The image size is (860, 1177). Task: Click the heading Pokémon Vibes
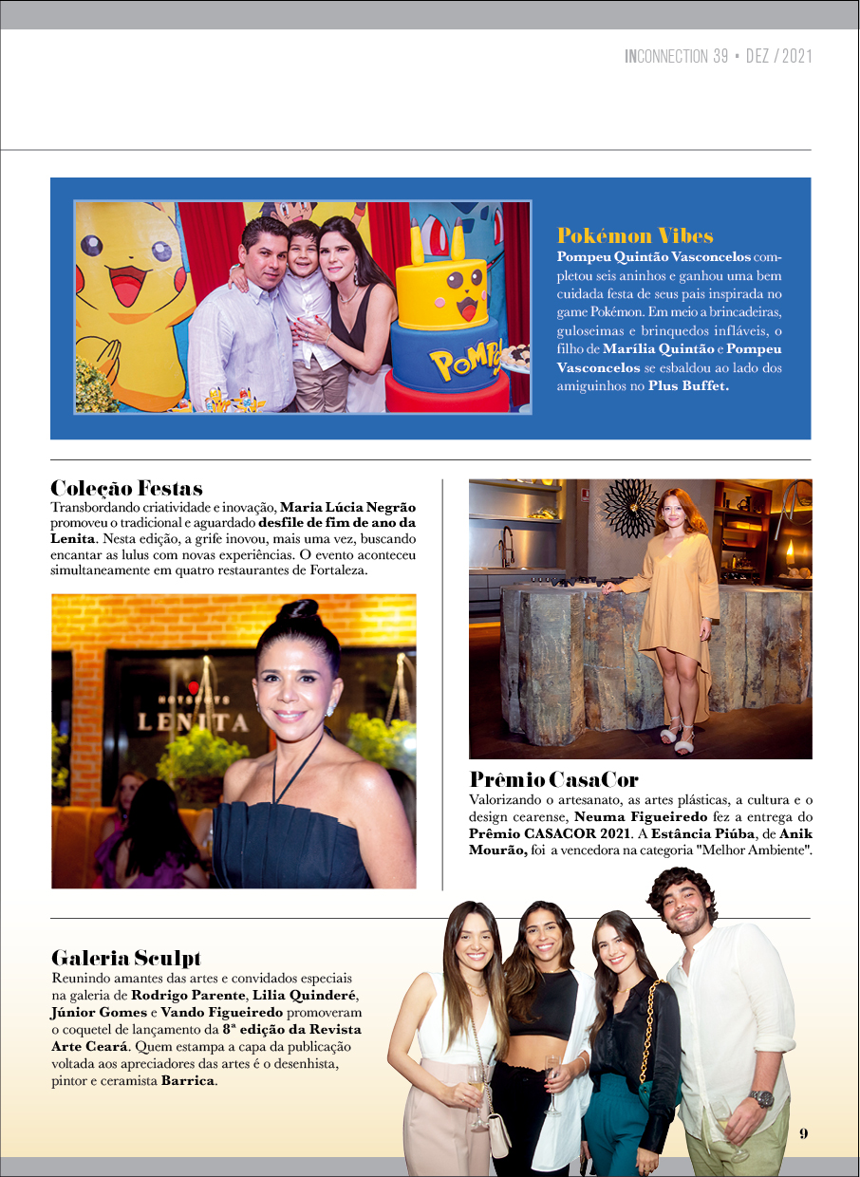(635, 235)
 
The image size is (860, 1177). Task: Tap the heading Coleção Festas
(126, 489)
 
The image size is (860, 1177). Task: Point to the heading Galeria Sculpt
(125, 958)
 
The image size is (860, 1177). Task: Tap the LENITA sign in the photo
(194, 722)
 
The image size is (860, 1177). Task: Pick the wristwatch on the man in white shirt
(760, 1098)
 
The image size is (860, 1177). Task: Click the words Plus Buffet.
(689, 387)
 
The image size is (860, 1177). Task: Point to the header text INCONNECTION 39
(676, 57)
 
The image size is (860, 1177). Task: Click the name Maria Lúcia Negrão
(347, 508)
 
